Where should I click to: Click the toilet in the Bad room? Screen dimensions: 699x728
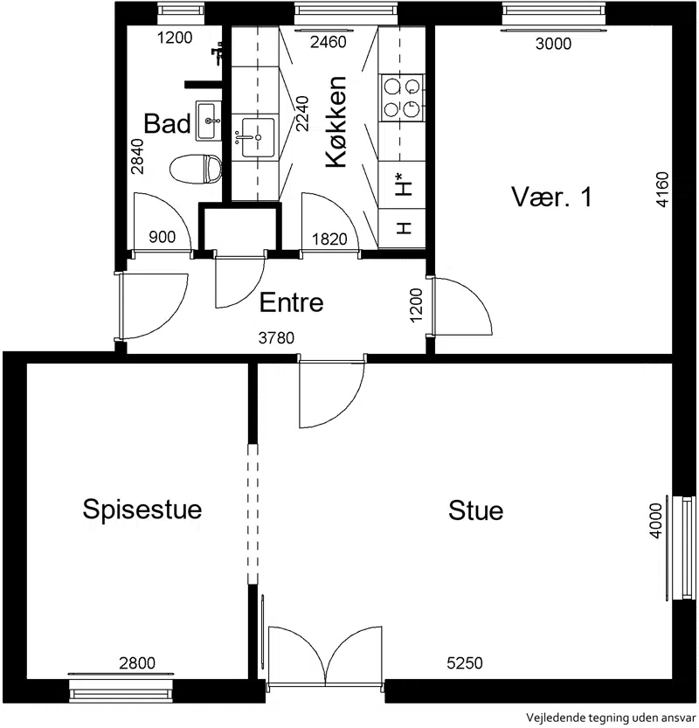coord(196,169)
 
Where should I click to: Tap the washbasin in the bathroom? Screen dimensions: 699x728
coord(208,121)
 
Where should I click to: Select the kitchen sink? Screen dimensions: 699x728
coord(258,137)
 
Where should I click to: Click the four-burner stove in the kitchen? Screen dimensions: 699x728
coord(401,98)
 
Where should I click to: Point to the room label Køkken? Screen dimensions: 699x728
coord(336,121)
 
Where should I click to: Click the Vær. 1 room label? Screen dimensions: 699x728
coord(552,197)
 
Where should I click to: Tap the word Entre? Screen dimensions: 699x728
coord(292,302)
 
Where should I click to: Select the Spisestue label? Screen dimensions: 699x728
coord(142,510)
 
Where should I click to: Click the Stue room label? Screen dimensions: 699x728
coord(475,510)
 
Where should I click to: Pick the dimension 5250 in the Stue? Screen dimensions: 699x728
coord(465,663)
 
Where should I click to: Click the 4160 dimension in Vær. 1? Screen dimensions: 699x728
coord(662,190)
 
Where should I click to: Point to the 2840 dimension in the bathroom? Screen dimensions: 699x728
coord(137,156)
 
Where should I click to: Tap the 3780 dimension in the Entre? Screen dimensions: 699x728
coord(276,338)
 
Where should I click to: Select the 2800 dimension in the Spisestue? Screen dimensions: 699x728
coord(137,663)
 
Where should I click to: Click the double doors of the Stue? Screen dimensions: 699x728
coord(325,656)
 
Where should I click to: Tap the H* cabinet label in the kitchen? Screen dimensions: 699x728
coord(403,184)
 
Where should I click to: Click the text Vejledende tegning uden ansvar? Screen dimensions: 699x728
coord(611,718)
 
